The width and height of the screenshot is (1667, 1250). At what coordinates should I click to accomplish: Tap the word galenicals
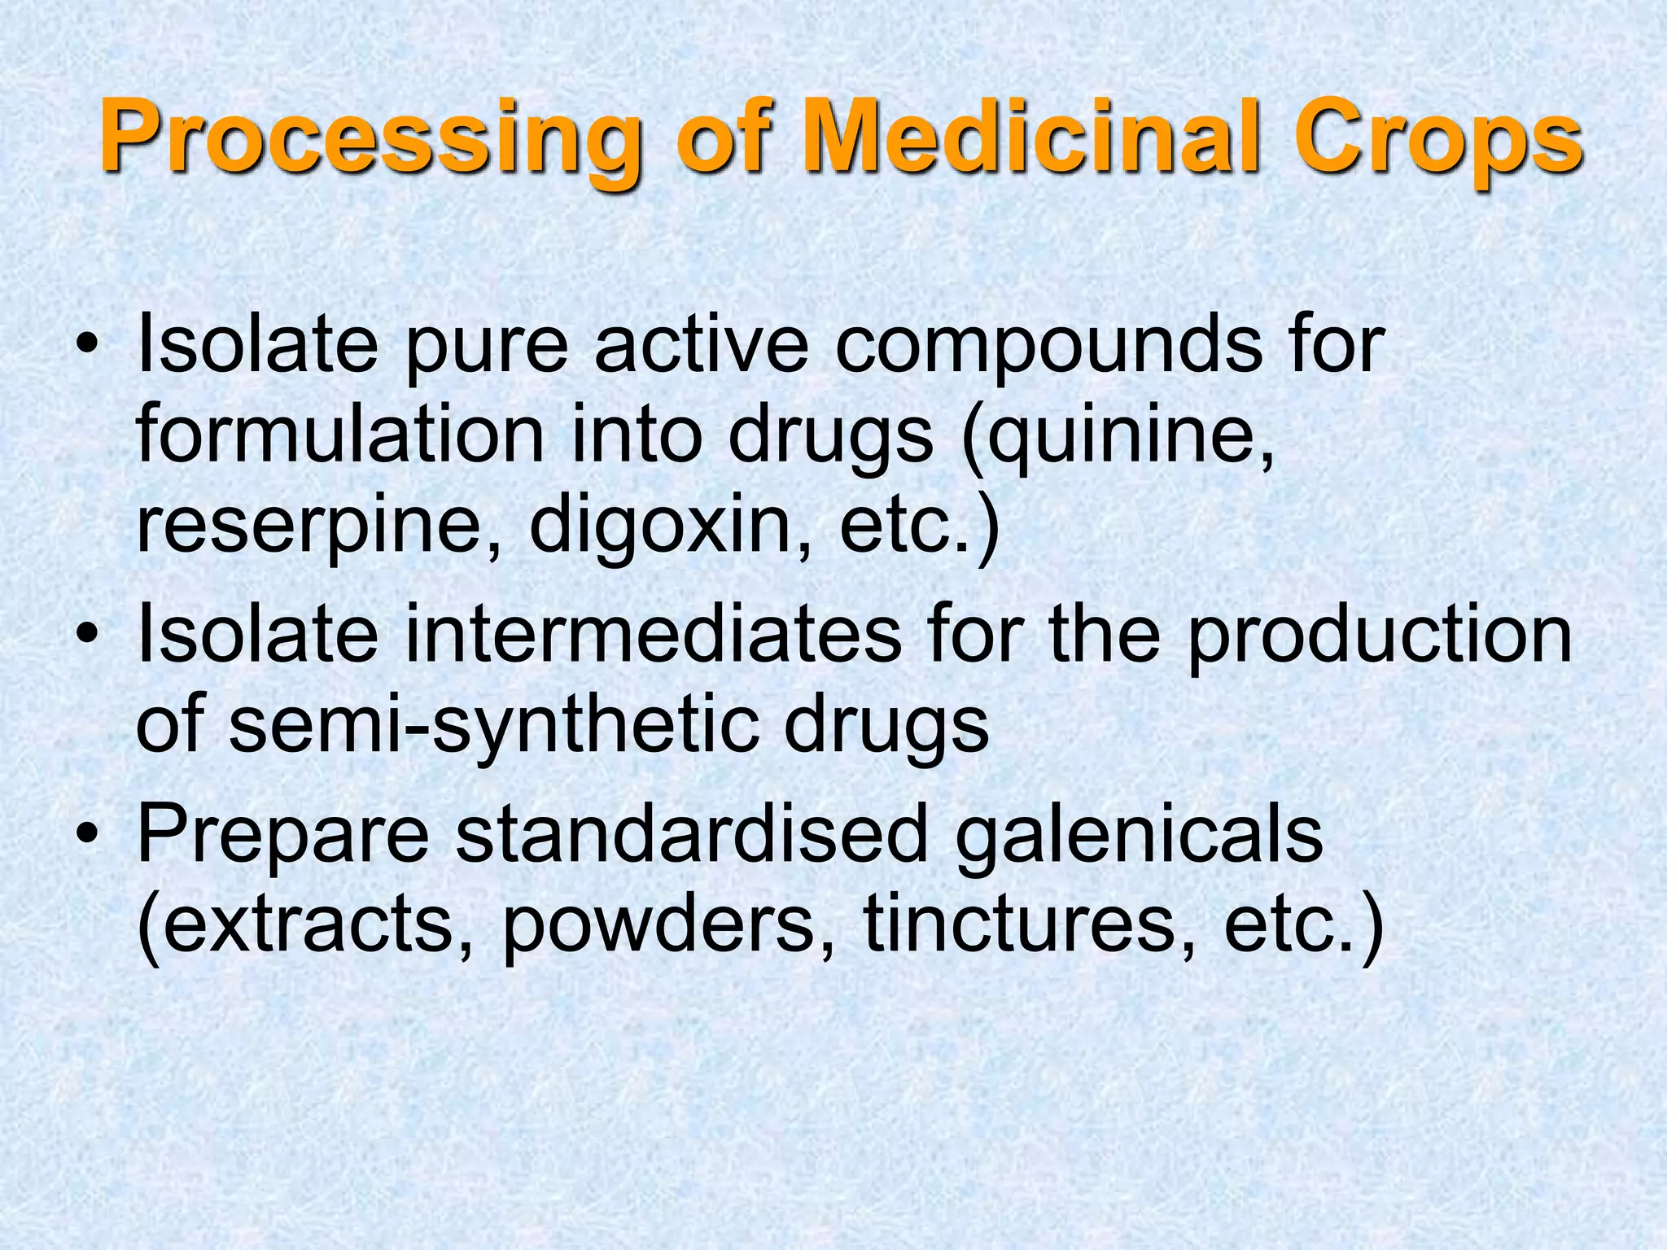pyautogui.click(x=1139, y=837)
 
